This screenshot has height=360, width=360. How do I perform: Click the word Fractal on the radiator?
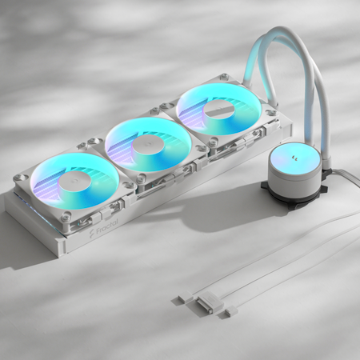(x=107, y=227)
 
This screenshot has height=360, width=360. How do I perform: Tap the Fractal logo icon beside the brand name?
(x=91, y=234)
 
